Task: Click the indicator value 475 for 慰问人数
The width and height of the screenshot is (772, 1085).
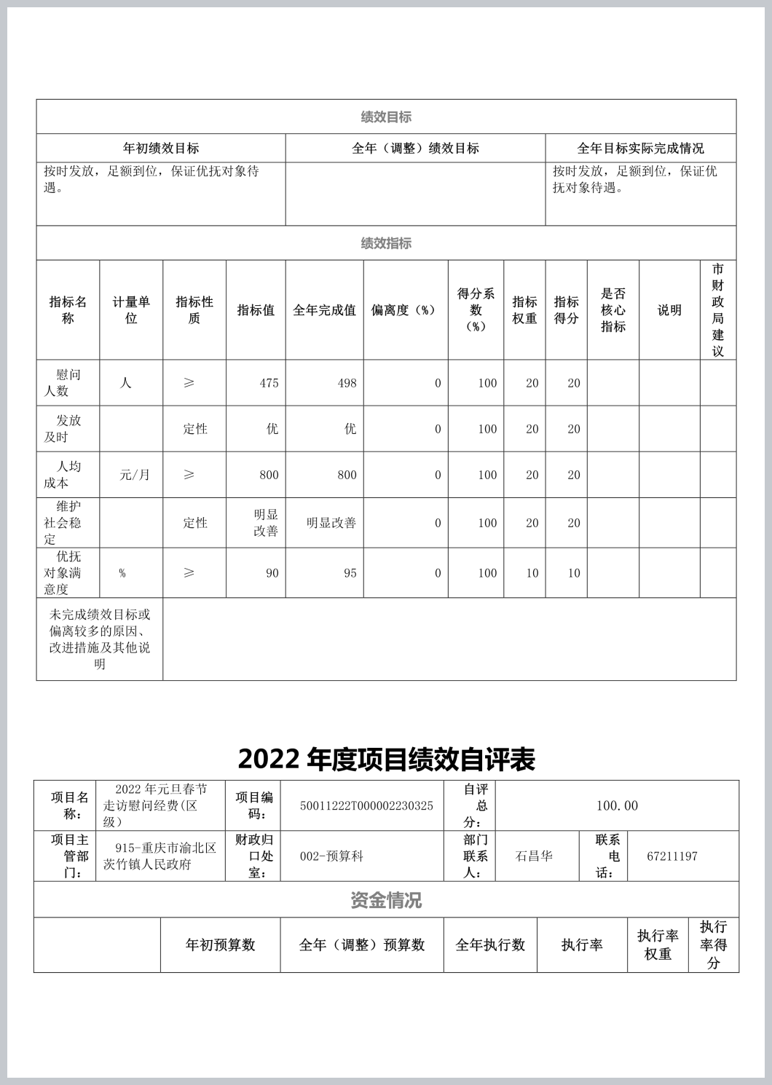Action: pos(269,383)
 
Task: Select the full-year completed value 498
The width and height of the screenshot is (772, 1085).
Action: pos(347,383)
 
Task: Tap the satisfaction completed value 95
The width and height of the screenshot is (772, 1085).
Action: pos(350,573)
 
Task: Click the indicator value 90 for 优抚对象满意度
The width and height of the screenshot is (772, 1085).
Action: pos(272,573)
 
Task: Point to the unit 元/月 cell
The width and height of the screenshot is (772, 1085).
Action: pos(135,475)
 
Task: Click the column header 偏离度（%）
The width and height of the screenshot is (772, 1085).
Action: pos(405,310)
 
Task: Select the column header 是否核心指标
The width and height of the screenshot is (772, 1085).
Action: pos(613,310)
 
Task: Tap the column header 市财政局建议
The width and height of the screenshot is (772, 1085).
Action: pos(717,310)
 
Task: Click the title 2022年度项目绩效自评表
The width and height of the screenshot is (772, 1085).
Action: pos(386,759)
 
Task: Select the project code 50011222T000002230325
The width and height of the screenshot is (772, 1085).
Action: pos(366,806)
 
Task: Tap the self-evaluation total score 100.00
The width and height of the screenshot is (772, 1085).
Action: pos(616,806)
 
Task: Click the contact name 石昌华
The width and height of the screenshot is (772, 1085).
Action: pos(533,856)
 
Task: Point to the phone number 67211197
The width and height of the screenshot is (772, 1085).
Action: pos(671,856)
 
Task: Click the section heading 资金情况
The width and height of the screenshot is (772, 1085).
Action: pos(386,900)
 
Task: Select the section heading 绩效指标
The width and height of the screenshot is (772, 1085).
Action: pos(386,243)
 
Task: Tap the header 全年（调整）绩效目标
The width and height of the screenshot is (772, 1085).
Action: pos(415,149)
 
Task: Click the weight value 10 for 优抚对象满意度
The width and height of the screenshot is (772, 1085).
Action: pos(532,573)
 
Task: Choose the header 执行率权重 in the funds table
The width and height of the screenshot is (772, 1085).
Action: pos(658,944)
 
